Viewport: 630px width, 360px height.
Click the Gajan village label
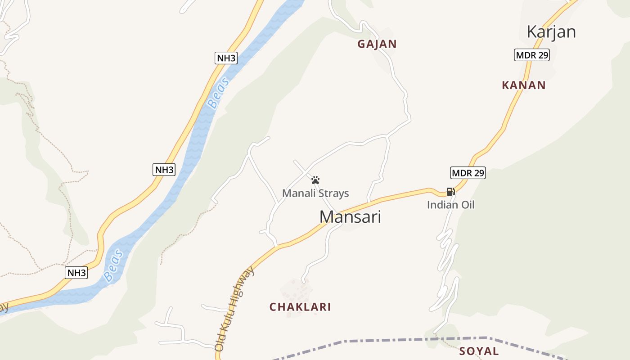[x=377, y=44]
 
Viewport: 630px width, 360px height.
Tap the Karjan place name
[x=551, y=32]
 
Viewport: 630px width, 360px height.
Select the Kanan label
[x=523, y=85]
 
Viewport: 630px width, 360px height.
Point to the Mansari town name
[x=350, y=217]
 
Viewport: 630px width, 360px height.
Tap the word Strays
[x=333, y=193]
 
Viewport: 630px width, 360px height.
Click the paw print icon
[x=315, y=180]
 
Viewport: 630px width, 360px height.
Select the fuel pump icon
[x=450, y=192]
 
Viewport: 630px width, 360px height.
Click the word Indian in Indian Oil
[x=441, y=205]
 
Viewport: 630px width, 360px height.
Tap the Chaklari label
[x=300, y=307]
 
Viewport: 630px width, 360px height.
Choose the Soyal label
[x=479, y=351]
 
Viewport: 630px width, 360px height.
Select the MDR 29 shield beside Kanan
[x=531, y=55]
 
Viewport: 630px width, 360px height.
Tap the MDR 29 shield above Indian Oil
[x=468, y=173]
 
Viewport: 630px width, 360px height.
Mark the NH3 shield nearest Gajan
[x=226, y=58]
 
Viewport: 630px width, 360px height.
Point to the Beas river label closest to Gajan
[x=219, y=93]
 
